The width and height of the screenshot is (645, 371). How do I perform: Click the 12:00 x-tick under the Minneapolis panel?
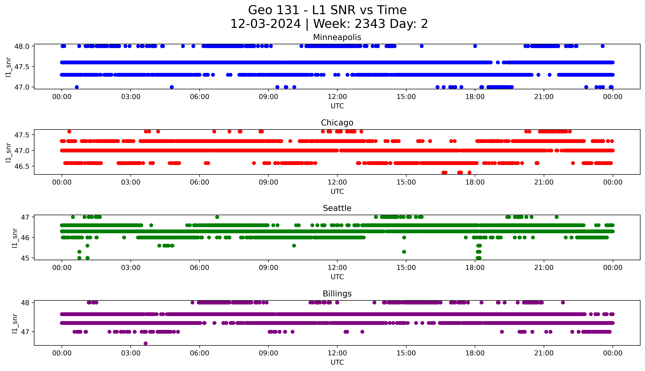click(x=337, y=97)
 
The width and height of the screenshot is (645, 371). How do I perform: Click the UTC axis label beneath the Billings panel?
click(x=337, y=362)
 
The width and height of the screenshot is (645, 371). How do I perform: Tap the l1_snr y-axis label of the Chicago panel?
click(x=8, y=152)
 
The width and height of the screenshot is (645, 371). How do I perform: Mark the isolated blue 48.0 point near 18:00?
click(x=475, y=46)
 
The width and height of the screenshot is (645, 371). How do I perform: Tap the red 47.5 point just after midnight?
click(x=69, y=131)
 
